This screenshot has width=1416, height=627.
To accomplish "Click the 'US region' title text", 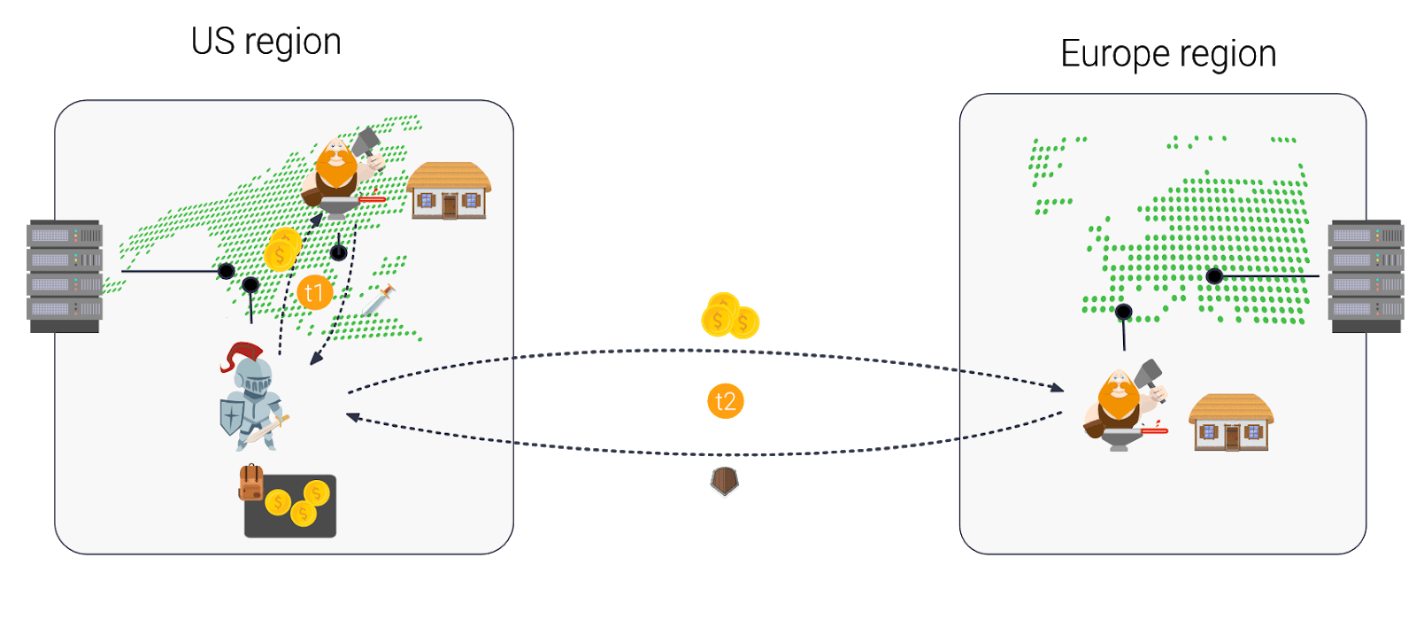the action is click(265, 43).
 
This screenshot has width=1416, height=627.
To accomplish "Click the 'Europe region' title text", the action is click(1168, 55).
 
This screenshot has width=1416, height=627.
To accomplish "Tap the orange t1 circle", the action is click(314, 292).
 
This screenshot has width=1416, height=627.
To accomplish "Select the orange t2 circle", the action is click(725, 401).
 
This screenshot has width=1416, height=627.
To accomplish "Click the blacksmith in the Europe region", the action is click(1122, 406).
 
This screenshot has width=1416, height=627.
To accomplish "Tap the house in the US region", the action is click(449, 190).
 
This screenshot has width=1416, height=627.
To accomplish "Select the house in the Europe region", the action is click(1231, 422).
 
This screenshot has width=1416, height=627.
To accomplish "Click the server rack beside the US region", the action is click(65, 275).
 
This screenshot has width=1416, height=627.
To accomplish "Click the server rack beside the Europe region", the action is click(1366, 275).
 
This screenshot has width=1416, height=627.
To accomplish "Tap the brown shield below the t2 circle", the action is click(725, 482).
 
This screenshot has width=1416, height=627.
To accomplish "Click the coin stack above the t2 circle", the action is click(729, 316).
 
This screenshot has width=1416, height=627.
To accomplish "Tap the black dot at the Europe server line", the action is click(1214, 276).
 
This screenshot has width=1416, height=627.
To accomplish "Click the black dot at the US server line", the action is click(227, 271).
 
